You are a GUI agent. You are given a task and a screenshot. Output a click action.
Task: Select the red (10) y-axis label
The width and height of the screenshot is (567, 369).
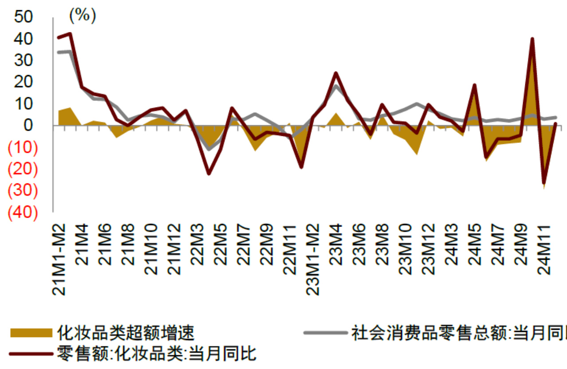click(23, 148)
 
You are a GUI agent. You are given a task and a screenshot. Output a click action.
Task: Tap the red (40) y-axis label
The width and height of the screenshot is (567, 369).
click(23, 213)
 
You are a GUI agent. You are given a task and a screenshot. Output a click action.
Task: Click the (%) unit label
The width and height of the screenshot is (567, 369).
click(82, 16)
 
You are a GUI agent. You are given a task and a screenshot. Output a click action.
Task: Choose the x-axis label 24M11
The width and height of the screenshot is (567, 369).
click(544, 248)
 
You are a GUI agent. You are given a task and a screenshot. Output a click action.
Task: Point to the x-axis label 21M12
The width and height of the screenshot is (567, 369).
click(174, 248)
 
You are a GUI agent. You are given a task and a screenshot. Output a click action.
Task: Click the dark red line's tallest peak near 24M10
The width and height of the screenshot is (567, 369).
click(532, 39)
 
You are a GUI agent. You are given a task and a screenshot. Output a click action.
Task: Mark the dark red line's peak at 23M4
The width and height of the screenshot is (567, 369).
click(336, 73)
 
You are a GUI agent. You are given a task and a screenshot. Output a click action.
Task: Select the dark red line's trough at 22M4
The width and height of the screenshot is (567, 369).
click(209, 173)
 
